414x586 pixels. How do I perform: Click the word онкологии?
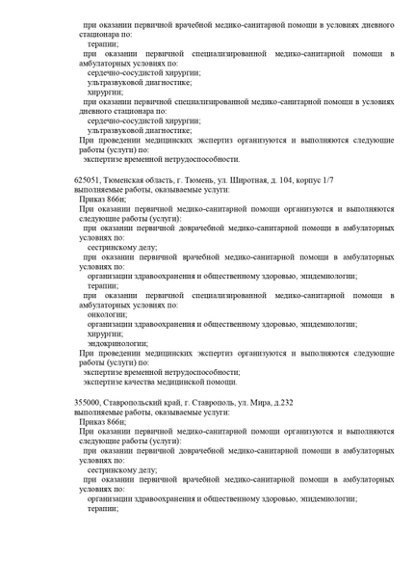[x=107, y=314]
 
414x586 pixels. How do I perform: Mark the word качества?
[x=144, y=382]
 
